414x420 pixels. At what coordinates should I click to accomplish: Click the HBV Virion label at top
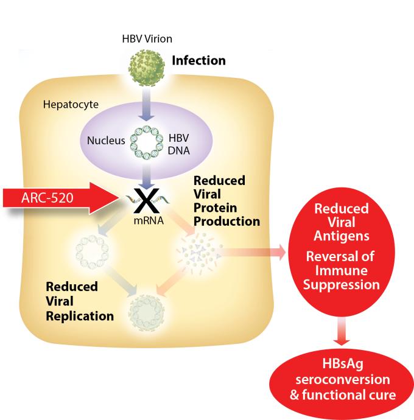[147, 39]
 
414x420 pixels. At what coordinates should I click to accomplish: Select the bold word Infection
[198, 61]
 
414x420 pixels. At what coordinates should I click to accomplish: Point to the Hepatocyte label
[68, 103]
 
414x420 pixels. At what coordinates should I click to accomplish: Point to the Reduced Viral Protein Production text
[218, 201]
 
